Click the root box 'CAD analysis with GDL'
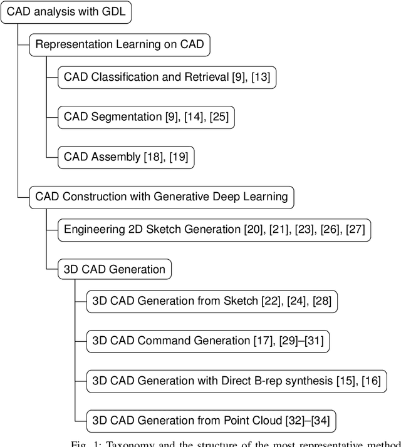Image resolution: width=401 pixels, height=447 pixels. pos(66,12)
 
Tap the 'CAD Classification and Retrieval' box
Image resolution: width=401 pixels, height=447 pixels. pos(167,78)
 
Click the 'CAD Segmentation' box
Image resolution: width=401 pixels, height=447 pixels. pos(146,117)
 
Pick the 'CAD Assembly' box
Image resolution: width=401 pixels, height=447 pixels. pos(126,157)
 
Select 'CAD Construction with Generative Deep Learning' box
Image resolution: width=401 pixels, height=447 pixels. pos(161,197)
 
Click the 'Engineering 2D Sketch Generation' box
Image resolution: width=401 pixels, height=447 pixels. pos(214,229)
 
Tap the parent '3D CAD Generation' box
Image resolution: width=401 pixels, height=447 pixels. pos(114,270)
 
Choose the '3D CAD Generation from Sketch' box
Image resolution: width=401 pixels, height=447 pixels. pos(212,301)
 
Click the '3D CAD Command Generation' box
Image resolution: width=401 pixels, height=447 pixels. pos(207,341)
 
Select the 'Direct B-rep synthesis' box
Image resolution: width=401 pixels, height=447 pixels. pos(236,380)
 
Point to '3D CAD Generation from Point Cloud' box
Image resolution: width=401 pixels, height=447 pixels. pos(211,419)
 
